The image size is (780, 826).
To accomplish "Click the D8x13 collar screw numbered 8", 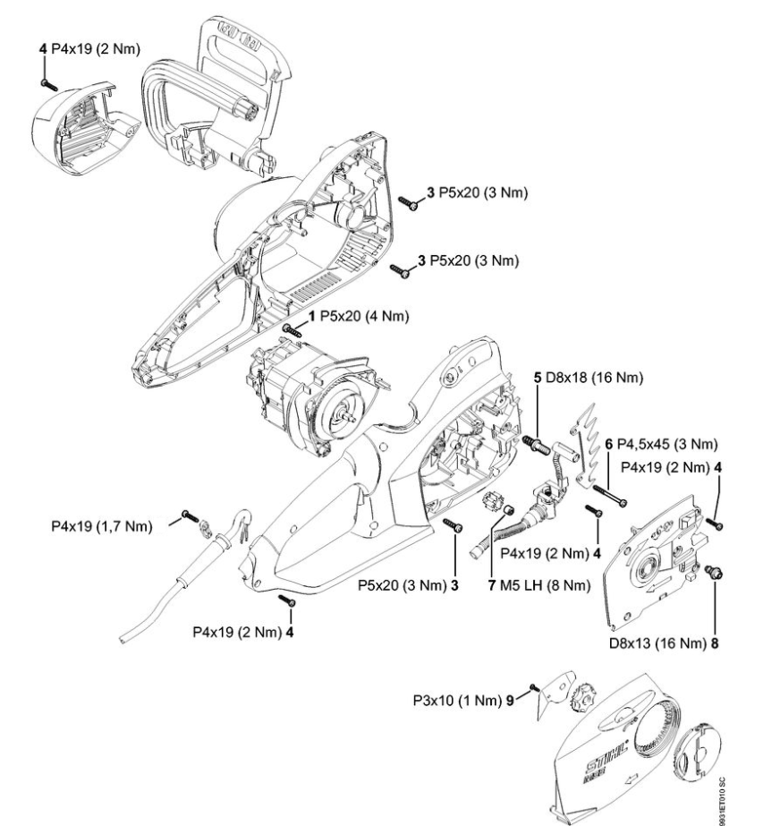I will pyautogui.click(x=714, y=568).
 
